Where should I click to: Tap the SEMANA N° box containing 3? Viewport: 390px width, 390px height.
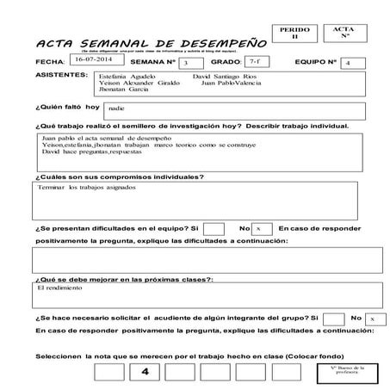[x=186, y=62]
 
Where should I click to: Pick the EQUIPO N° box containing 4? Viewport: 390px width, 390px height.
[x=347, y=63]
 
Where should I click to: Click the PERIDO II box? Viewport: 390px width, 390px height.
[x=293, y=34]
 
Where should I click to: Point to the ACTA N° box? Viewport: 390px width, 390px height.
[x=343, y=34]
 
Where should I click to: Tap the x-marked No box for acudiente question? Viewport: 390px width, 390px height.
[x=372, y=318]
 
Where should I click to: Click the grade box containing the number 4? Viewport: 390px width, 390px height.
[x=145, y=372]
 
